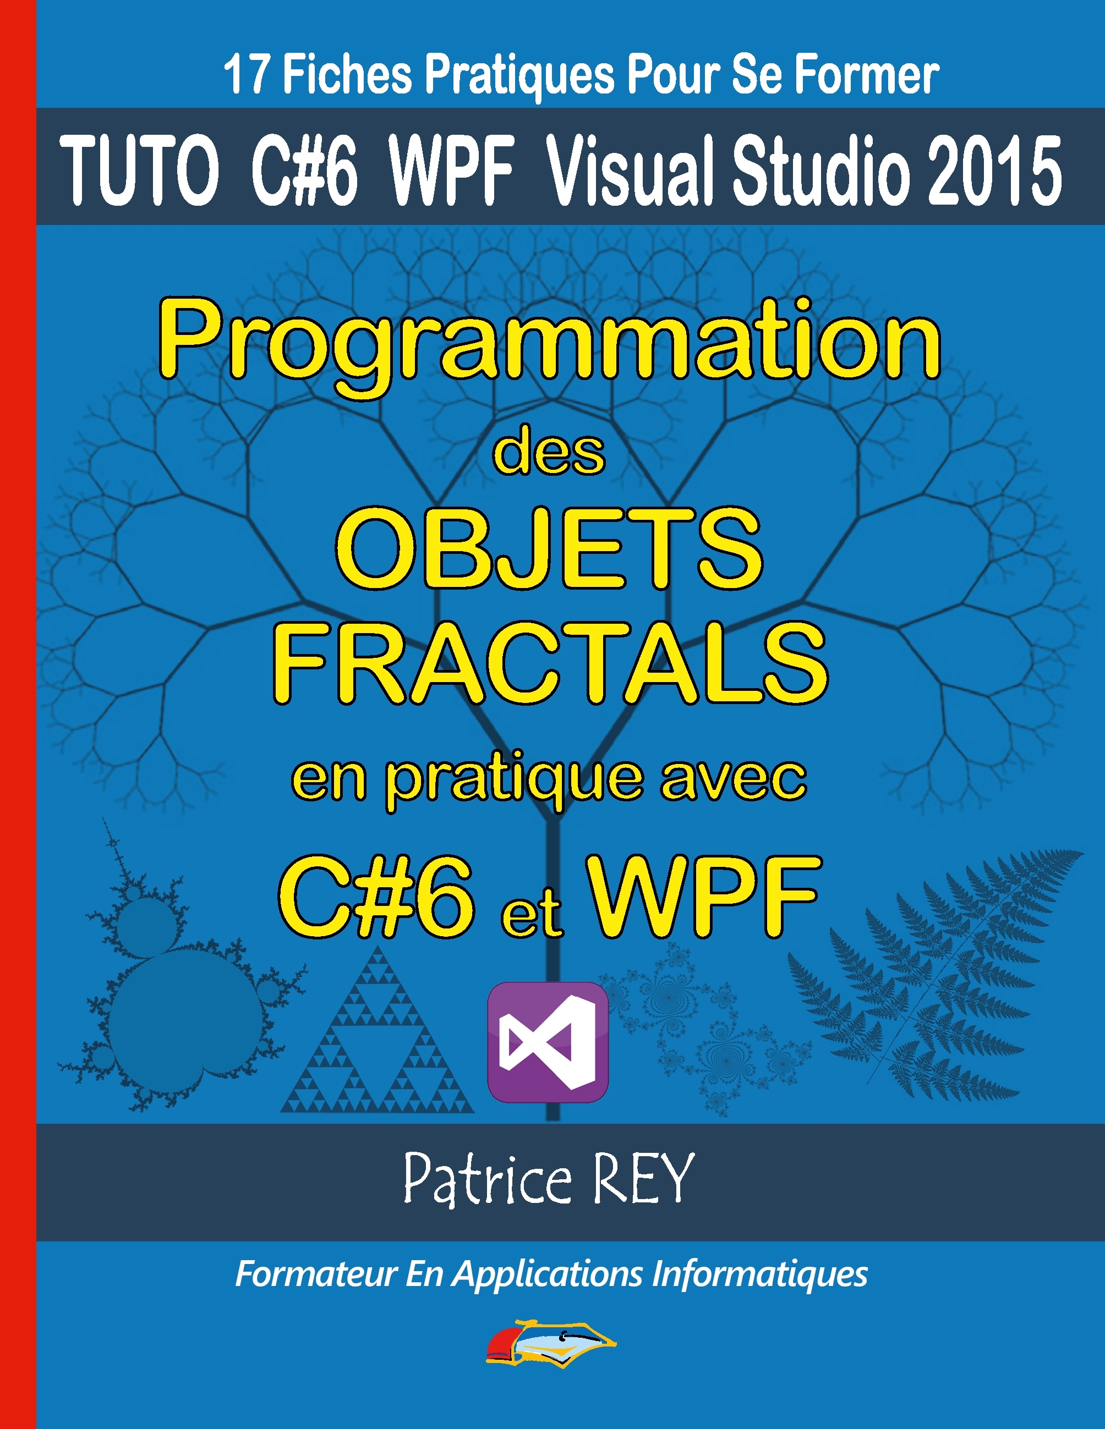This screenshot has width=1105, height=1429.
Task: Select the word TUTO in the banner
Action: (x=139, y=172)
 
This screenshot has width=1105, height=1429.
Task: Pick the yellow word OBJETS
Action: (x=549, y=548)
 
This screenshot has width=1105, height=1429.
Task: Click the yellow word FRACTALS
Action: (x=550, y=662)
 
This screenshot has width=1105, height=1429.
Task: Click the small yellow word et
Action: (x=532, y=914)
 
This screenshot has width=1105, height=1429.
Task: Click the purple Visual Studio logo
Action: (x=549, y=1042)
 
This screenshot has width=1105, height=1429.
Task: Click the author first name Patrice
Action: (x=488, y=1179)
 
